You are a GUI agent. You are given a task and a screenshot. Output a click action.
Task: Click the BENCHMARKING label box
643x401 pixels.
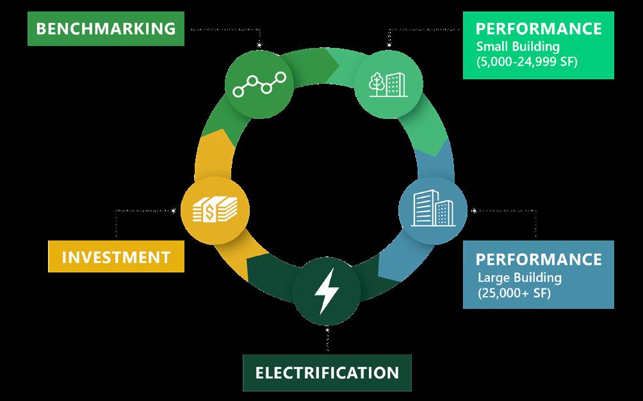tap(106, 29)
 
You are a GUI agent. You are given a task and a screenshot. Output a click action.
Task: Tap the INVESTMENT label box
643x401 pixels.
tap(116, 257)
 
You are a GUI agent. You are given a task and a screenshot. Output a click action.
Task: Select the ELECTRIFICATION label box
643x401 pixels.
tap(327, 372)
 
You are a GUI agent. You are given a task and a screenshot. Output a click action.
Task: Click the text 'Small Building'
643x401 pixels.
tap(517, 47)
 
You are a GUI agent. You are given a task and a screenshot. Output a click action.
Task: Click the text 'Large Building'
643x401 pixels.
tap(519, 278)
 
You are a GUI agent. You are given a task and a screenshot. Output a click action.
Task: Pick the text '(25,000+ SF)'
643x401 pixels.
tap(514, 294)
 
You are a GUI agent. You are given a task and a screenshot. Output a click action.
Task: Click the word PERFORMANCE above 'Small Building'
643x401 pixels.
tap(538, 29)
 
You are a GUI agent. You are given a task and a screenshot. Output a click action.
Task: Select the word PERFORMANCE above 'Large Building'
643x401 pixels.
tap(538, 259)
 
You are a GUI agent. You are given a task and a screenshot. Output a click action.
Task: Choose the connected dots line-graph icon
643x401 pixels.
tap(259, 84)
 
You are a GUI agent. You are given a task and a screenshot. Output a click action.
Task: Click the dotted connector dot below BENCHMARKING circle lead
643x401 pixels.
tap(259, 45)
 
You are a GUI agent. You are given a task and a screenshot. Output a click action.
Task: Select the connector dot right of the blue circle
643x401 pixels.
tap(474, 210)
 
